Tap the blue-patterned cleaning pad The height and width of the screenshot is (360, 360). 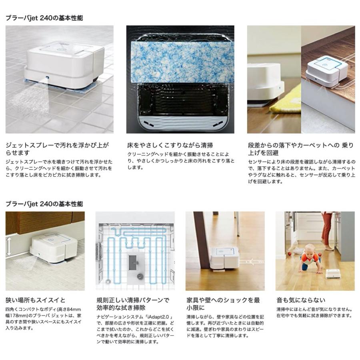point(180,60)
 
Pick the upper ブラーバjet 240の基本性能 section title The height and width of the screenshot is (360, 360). point(44,18)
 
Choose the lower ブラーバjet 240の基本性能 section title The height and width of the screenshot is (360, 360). point(44,204)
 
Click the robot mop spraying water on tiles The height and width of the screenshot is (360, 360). point(64,66)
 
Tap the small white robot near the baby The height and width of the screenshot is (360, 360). point(333,274)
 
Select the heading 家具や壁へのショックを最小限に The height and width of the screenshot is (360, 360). point(223,304)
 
